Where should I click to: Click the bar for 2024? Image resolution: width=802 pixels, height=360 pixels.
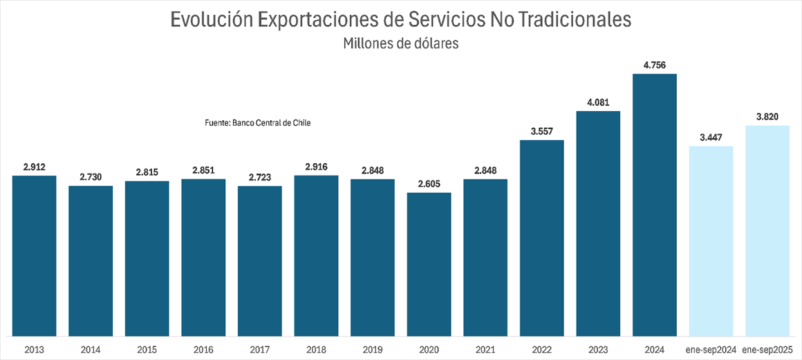[x=654, y=205]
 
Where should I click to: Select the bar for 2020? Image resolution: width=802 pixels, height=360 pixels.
[x=429, y=265]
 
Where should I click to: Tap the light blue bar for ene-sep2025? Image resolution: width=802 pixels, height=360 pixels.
[x=767, y=231]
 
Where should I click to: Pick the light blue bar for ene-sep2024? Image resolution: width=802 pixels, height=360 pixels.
[x=711, y=241]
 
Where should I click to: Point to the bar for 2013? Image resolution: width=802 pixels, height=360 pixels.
[x=34, y=256]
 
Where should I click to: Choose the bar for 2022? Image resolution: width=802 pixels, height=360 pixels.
[x=541, y=238]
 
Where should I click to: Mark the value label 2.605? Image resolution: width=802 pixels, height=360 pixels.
[x=429, y=184]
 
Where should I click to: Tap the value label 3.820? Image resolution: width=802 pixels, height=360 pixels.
[x=767, y=117]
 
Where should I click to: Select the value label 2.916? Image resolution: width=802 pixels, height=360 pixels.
[x=316, y=167]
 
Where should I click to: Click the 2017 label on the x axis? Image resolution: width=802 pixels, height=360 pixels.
[x=259, y=350]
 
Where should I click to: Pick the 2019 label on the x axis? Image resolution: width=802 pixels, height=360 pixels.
[x=372, y=350]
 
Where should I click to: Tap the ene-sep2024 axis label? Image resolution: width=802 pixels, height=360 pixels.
[x=711, y=350]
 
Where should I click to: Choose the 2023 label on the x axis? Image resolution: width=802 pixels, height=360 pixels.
[x=598, y=350]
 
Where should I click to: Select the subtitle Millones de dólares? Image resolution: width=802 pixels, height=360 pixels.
[x=401, y=43]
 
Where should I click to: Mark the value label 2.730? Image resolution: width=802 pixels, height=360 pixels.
[x=91, y=178]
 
